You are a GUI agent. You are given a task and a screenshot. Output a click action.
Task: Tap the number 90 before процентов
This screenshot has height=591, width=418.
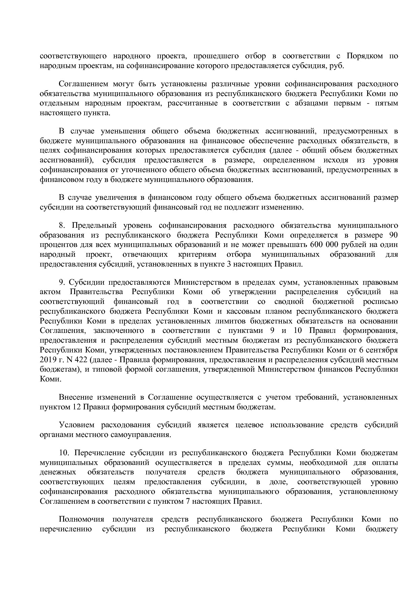[x=393, y=235]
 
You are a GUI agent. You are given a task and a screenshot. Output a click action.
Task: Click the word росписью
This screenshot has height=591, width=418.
[x=381, y=301]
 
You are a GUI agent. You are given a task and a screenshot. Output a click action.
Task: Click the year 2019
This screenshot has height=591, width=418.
[x=48, y=360]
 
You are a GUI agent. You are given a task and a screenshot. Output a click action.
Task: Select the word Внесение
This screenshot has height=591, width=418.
[x=76, y=398]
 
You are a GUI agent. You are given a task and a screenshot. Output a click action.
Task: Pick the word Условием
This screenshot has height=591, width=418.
[x=76, y=425]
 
